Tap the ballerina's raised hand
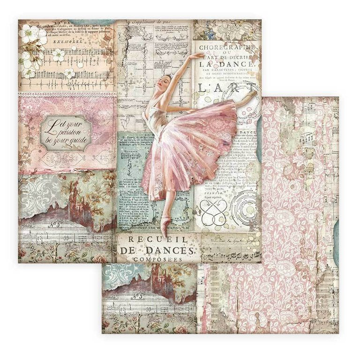pos(202,56)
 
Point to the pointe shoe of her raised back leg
pos(253,95)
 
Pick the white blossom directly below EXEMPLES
pos(58,55)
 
